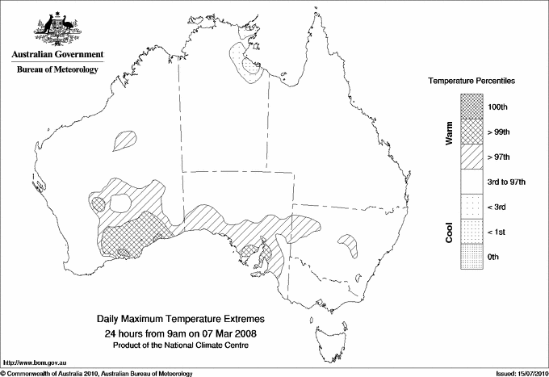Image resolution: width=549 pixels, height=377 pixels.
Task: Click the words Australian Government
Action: (57, 55)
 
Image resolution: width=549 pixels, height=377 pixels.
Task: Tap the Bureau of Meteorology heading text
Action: (57, 69)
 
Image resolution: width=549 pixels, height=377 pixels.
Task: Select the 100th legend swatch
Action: (471, 107)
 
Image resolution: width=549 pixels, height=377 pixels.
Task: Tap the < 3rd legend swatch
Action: (471, 207)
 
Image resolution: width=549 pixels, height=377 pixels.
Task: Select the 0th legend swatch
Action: (471, 257)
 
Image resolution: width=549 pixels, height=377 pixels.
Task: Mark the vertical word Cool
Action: (449, 232)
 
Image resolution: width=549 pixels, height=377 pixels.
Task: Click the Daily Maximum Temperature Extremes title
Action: (181, 320)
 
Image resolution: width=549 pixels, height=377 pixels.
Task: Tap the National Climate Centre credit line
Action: (181, 346)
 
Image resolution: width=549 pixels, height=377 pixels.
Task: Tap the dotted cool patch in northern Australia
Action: (245, 61)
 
